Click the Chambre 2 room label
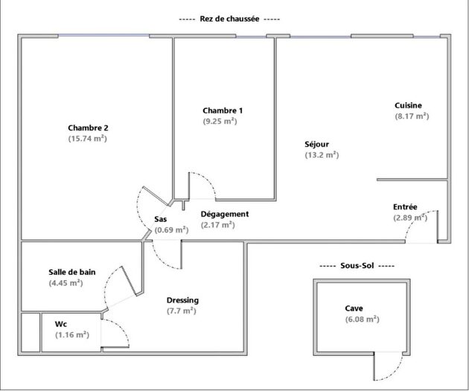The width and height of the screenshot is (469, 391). coord(88,127)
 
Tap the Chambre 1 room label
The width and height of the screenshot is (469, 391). coord(222,110)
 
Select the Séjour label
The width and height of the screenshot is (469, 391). coord(316,144)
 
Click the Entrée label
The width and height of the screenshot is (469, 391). coord(405,206)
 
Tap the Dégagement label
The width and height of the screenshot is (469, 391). coord(225,214)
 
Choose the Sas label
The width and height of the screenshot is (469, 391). coord(160,219)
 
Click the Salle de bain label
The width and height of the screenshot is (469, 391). coord(72,272)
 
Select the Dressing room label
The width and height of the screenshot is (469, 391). coord(182,300)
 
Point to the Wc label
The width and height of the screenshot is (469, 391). coord(61,324)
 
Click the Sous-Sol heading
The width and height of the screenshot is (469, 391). coord(356,266)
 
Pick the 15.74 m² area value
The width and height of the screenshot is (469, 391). coord(88,139)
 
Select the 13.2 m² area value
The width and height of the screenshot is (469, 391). coord(322,155)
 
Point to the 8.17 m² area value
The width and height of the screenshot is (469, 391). coord(412,116)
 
